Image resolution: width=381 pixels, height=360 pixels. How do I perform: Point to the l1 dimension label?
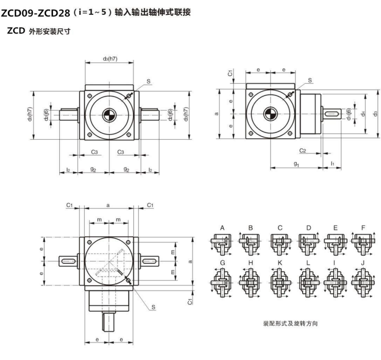point(332,164)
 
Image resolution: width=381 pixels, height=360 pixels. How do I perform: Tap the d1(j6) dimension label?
point(349,114)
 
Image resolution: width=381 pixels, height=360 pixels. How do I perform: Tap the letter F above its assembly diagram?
point(363,228)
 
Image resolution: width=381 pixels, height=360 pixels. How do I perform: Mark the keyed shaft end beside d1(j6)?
point(333,113)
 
